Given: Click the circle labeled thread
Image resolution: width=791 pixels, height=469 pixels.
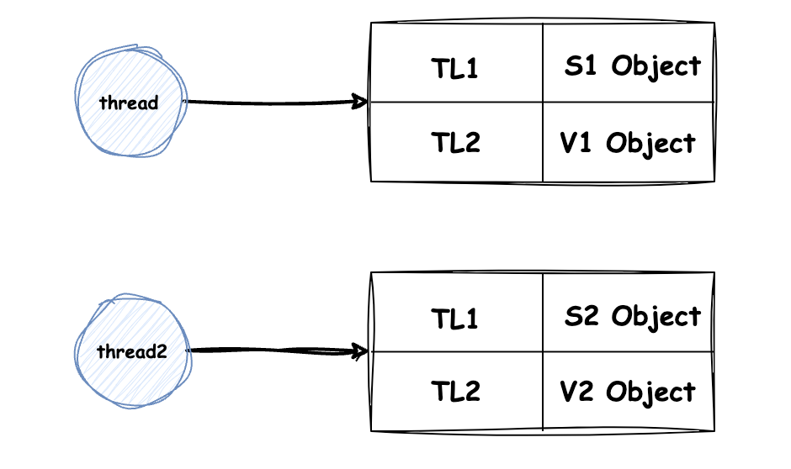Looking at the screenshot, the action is coord(131,101).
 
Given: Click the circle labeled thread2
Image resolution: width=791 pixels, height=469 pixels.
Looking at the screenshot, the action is coord(133,350).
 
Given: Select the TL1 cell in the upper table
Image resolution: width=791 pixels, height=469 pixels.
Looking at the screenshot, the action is coord(457,62).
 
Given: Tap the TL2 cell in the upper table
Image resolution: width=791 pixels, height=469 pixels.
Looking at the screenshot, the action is coord(457,142).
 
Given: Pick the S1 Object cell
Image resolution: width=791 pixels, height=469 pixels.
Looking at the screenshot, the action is coord(629,62).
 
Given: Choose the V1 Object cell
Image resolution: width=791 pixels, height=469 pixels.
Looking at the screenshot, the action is coord(629,142).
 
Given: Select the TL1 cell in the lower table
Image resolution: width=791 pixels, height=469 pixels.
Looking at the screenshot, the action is coord(457,313).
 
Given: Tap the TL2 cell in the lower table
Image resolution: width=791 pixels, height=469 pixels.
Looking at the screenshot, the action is coord(457,392).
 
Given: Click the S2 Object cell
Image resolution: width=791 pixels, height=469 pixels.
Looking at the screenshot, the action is coord(629,313).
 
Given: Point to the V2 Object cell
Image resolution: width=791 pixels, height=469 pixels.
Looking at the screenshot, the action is coord(629,392).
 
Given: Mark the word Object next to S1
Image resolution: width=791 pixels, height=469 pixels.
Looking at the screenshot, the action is coord(656,66).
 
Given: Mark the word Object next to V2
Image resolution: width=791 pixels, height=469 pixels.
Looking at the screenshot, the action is coord(650,393).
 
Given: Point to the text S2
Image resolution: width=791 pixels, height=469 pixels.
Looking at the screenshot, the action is coord(581,316).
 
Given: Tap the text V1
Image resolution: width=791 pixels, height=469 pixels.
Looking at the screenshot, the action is coord(576,143).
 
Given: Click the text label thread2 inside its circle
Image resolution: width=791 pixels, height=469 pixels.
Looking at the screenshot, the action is coord(131,351).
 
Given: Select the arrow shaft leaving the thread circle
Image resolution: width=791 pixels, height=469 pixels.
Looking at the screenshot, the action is coord(275,103).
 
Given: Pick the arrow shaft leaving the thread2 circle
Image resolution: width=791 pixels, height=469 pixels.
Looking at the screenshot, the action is coord(278,350).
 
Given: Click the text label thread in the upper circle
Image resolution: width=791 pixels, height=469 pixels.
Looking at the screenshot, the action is coord(129,103).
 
